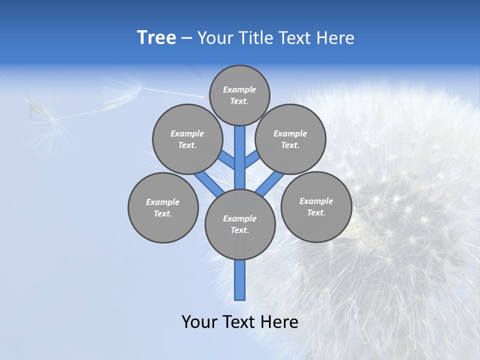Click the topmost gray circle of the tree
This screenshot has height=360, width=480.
coord(239,95)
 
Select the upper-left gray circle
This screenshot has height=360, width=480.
coord(187,139)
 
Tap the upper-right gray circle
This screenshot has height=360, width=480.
coord(290,139)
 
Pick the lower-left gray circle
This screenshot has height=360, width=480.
coord(163,207)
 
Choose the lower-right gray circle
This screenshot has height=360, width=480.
coord(316,206)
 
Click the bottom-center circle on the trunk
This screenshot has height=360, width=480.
coord(240,224)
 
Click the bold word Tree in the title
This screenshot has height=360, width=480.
coord(156,37)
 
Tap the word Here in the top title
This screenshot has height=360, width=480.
coord(336,38)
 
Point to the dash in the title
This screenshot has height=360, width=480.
coord(186,38)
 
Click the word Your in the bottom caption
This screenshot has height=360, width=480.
coord(199,322)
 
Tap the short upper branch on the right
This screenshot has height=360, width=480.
coord(252,159)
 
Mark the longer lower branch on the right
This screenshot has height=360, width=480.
coord(270,183)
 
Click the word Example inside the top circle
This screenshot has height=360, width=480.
coord(239,89)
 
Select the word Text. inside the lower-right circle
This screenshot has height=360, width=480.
coord(316,212)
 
